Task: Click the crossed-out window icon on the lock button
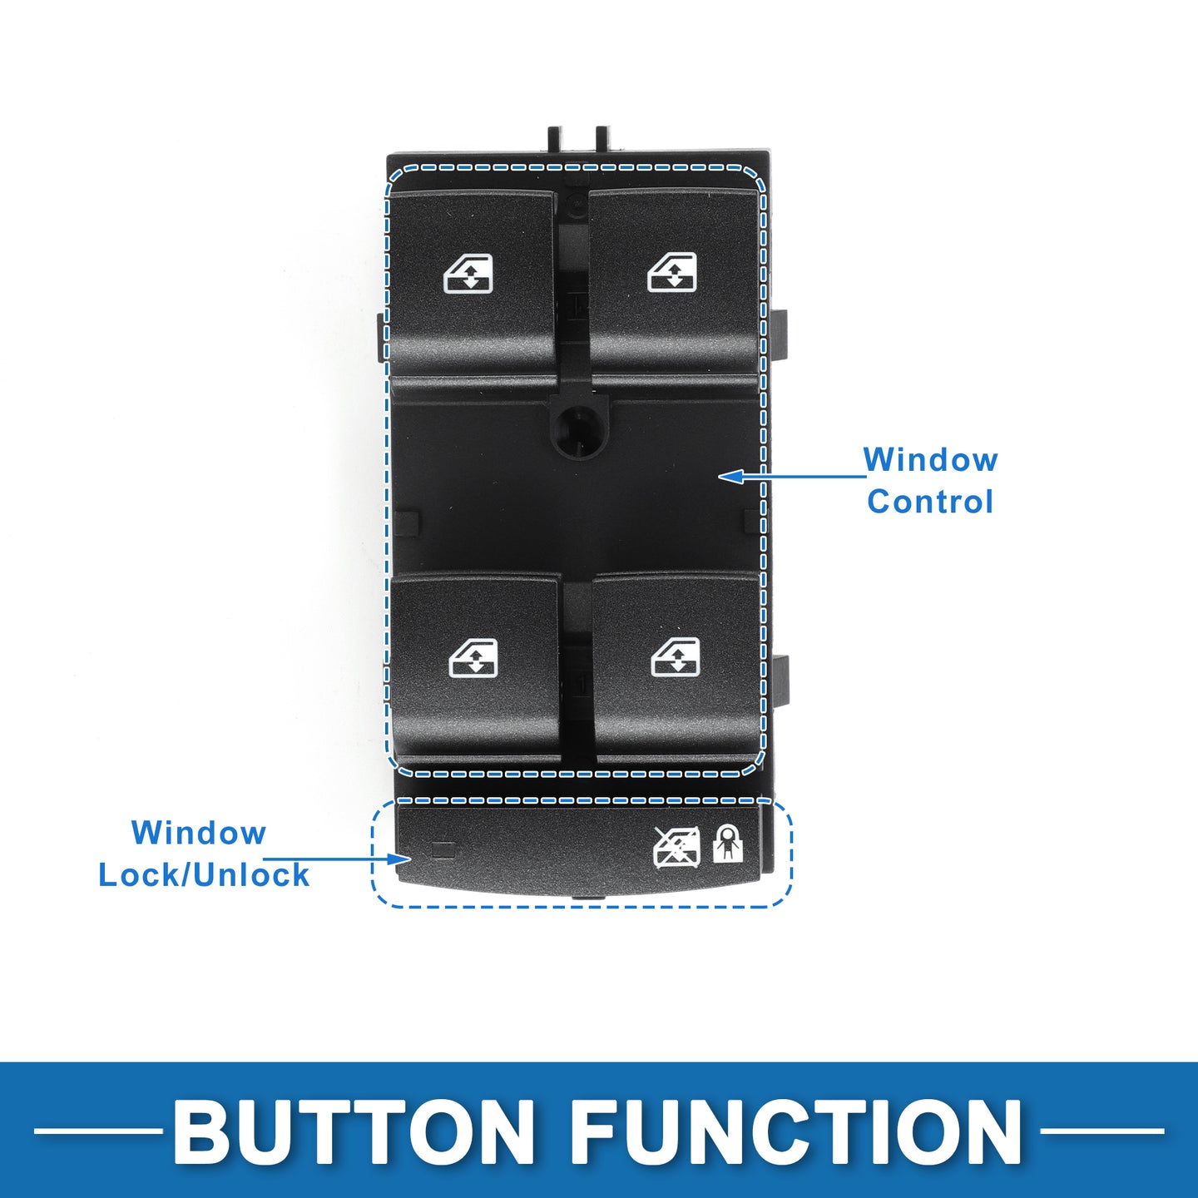[x=676, y=848]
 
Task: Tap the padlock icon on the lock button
[x=728, y=844]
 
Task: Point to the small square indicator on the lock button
[x=443, y=849]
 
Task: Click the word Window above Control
[x=930, y=460]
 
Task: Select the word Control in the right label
[x=930, y=502]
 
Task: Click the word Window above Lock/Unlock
[x=198, y=833]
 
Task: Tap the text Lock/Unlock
[x=204, y=874]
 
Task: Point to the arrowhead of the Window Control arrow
[x=731, y=477]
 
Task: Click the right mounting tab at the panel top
[x=601, y=140]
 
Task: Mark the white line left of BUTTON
[x=97, y=1131]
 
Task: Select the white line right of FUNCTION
[x=1102, y=1131]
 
